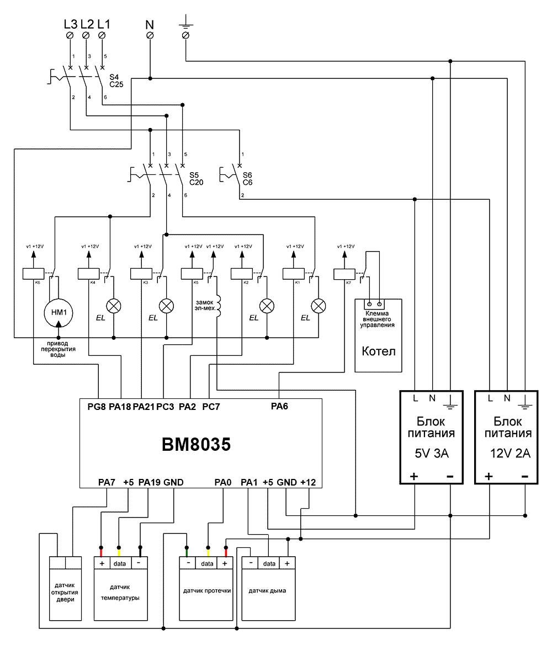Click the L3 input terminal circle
coord(70,35)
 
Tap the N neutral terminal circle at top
coord(150,35)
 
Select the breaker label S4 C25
coord(116,81)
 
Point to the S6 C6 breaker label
coord(247,179)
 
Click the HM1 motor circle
coord(59,313)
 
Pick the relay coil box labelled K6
coord(33,274)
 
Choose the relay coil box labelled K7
coord(344,274)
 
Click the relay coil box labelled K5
coord(192,274)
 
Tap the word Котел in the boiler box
coord(378,351)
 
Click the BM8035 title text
coord(197,444)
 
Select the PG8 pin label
coord(97,407)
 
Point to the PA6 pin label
coord(279,407)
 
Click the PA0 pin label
coord(223,482)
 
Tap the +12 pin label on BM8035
coord(308,482)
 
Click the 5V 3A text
coord(432,454)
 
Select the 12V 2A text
coord(510,454)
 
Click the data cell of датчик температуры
coord(120,563)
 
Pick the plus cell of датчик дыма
coord(288,563)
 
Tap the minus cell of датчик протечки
coord(188,563)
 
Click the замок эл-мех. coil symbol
coord(219,306)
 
